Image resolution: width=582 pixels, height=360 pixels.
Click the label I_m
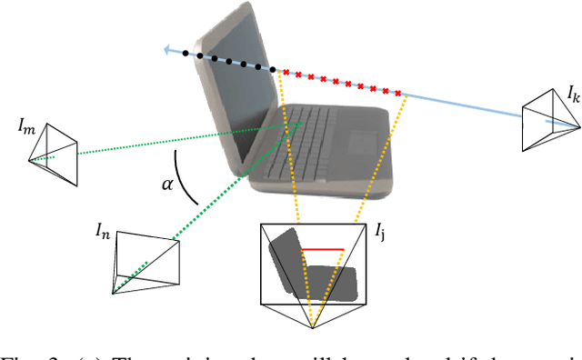27,125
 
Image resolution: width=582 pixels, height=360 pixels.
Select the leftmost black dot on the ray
186,54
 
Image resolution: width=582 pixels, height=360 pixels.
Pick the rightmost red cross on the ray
398,92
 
